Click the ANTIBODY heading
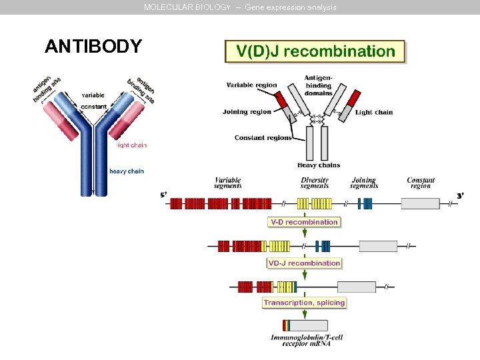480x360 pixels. coord(93,47)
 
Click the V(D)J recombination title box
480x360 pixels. coord(315,51)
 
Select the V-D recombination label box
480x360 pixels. coord(304,222)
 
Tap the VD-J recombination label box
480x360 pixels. coord(304,263)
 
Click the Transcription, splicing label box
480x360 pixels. coord(304,303)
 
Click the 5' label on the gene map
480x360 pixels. coord(163,195)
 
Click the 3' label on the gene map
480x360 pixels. coord(460,195)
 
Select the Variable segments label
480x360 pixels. coord(227,183)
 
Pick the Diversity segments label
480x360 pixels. coord(315,183)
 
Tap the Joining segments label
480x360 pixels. coord(363,183)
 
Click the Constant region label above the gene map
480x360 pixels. coord(421,183)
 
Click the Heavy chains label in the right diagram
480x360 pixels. coord(319,165)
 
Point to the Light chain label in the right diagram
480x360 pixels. coord(374,112)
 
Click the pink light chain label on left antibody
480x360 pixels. coord(131,145)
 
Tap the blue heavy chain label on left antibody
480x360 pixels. coord(126,171)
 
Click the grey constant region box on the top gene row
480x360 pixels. coord(421,204)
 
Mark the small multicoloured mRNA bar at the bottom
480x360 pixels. coord(287,325)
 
